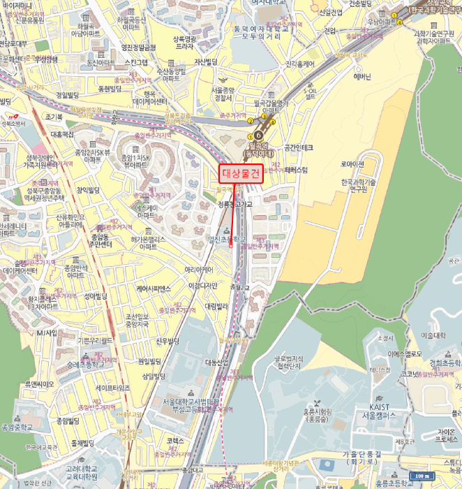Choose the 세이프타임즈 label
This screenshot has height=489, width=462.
click(x=113, y=387)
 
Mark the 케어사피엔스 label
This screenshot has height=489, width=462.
click(x=154, y=289)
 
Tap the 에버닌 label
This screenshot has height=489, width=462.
click(x=363, y=77)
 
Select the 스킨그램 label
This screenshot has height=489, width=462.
click(x=136, y=62)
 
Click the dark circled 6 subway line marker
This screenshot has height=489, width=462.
click(x=259, y=134)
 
